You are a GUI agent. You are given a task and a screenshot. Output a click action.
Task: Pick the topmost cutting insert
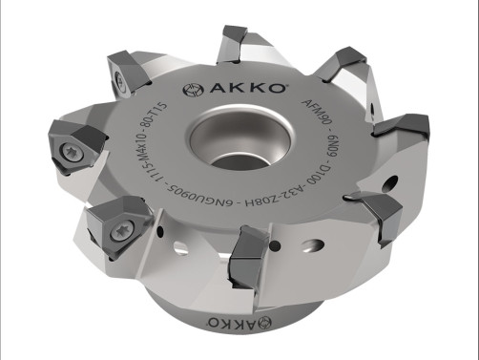tap(235, 42)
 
